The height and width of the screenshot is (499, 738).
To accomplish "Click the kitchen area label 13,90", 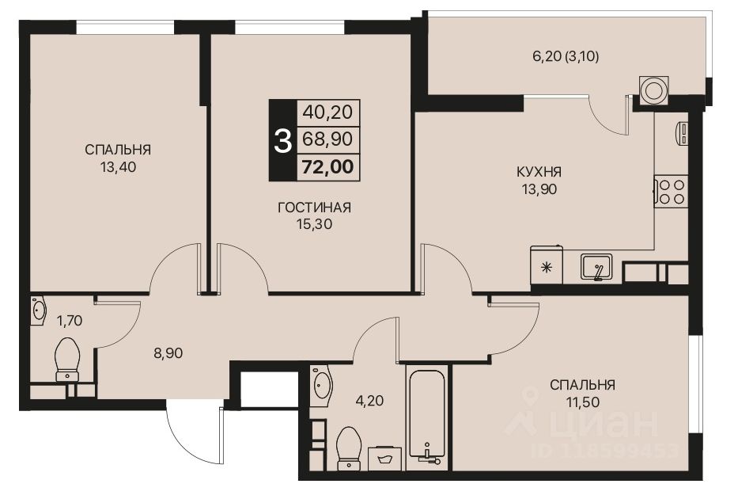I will click(x=539, y=190).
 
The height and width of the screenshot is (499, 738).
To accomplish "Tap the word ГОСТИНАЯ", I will click(x=314, y=208).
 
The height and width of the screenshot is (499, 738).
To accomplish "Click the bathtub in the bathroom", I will click(x=427, y=412).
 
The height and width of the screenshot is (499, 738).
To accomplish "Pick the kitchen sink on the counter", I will click(x=597, y=267).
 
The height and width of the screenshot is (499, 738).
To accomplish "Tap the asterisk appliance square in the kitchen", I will click(x=546, y=266).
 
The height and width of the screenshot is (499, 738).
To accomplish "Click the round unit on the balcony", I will click(x=654, y=90).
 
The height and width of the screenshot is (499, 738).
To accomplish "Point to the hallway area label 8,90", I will click(x=168, y=354).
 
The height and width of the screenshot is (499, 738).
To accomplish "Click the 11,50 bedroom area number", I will click(x=583, y=403).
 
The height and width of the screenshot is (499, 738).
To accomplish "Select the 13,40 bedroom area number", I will click(x=118, y=167).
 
